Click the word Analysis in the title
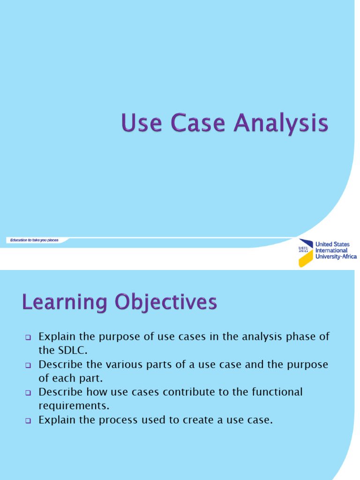pyautogui.click(x=281, y=123)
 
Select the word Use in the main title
pyautogui.click(x=142, y=122)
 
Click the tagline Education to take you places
pyautogui.click(x=34, y=240)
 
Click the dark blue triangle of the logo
pyautogui.click(x=306, y=243)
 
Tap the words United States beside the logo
pyautogui.click(x=332, y=244)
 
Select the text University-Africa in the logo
pyautogui.click(x=336, y=256)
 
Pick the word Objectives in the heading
pyautogui.click(x=166, y=303)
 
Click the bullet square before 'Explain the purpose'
pyautogui.click(x=28, y=337)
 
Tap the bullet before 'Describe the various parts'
pyautogui.click(x=28, y=365)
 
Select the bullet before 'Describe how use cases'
pyautogui.click(x=28, y=393)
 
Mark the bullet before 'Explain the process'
pyautogui.click(x=28, y=420)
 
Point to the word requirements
pyautogui.click(x=74, y=406)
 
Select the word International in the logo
pyautogui.click(x=331, y=250)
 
